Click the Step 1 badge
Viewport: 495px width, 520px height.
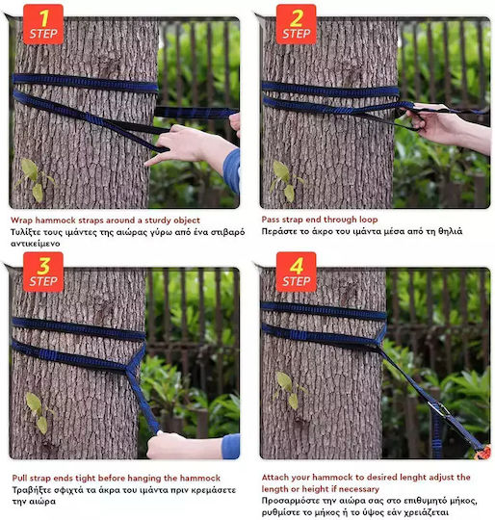coord(43,24)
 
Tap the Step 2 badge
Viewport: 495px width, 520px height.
coord(296,24)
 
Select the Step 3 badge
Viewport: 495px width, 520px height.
coord(43,272)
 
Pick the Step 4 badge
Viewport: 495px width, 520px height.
coord(296,272)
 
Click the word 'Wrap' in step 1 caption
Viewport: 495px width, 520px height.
coord(21,221)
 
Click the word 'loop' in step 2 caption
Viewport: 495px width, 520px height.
coord(368,220)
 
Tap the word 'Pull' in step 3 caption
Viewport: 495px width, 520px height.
coord(20,478)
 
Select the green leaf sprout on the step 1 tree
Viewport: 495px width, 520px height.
coord(35,180)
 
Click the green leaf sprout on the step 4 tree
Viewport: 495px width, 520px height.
coord(289,390)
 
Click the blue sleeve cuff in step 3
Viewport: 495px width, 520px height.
coord(231,447)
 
